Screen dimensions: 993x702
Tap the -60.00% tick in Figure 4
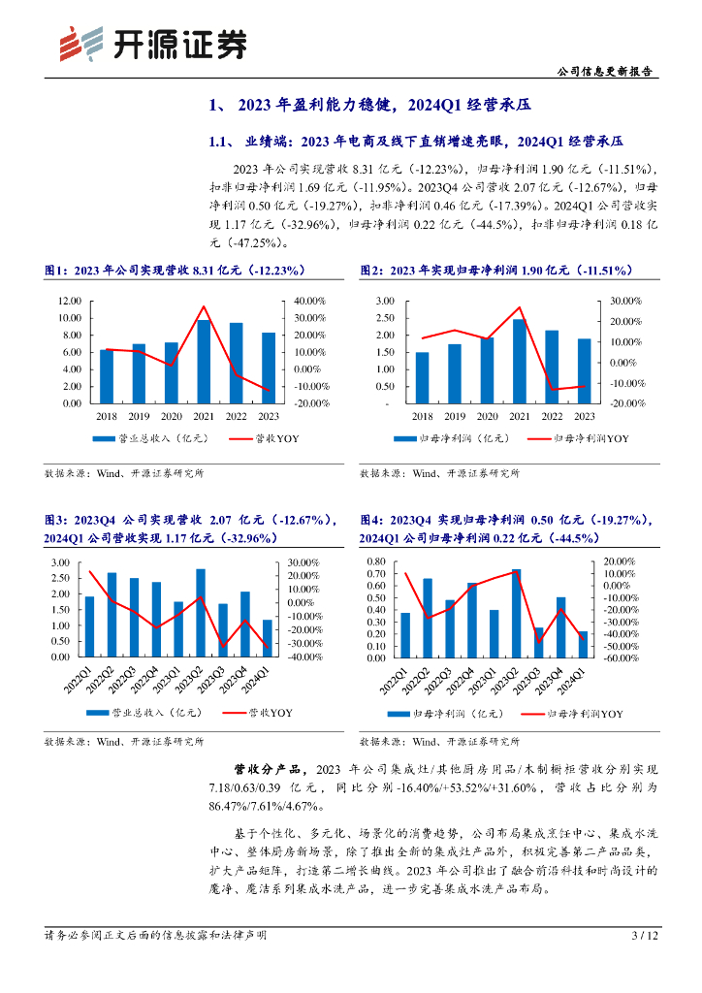618,657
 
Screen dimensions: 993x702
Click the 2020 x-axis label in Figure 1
171,416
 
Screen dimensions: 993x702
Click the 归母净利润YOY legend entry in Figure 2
579,439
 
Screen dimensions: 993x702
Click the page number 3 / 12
645,936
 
